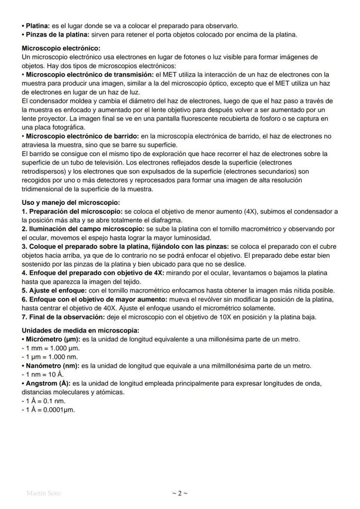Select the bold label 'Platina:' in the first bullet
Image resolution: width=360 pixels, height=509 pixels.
(38, 27)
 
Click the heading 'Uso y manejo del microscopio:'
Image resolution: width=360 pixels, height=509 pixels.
(70, 203)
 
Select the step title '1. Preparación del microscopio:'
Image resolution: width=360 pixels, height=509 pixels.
(72, 211)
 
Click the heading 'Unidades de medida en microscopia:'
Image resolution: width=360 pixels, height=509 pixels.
(80, 331)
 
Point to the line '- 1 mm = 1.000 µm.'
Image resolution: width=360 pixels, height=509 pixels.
(51, 348)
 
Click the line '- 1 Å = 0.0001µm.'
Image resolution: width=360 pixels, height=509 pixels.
(48, 409)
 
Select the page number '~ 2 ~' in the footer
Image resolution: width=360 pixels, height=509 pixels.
(180, 493)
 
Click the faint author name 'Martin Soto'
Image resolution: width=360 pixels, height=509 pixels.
(43, 493)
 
